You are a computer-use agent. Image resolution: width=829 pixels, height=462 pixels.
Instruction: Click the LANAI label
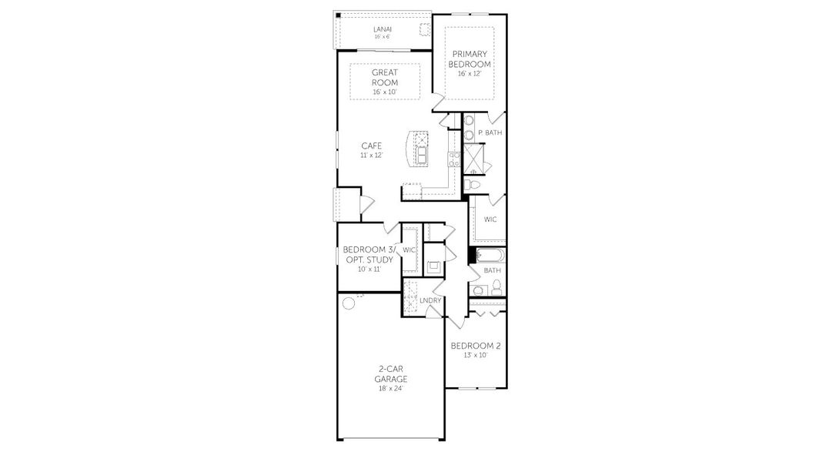point(382,30)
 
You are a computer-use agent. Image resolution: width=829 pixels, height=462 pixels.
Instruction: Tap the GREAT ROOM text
point(384,77)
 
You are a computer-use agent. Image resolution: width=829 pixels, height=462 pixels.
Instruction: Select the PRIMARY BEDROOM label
point(471,59)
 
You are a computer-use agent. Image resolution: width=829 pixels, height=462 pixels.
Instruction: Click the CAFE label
point(372,146)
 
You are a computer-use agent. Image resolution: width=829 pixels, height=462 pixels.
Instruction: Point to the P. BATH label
point(490,133)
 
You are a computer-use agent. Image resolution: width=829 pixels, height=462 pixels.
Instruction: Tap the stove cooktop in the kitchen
point(455,159)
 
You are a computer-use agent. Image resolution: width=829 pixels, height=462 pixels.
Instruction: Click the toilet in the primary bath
point(473,185)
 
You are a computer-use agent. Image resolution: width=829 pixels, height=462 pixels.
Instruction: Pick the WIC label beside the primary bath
point(490,219)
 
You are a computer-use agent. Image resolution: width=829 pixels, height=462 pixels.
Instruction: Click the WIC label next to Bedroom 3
point(409,250)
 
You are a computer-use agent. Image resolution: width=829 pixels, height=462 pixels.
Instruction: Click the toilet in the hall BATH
point(497,287)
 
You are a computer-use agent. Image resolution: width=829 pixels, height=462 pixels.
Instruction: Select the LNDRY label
point(429,300)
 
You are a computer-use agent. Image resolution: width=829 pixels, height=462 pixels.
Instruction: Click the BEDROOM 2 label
point(476,346)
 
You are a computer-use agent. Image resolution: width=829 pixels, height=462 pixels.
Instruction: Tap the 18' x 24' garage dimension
point(390,388)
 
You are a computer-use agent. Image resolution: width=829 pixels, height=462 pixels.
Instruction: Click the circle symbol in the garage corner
point(348,303)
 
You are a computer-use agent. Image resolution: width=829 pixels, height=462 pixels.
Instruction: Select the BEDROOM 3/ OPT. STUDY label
point(369,255)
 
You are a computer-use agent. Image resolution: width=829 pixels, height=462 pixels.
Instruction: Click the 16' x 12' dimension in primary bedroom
point(470,74)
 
